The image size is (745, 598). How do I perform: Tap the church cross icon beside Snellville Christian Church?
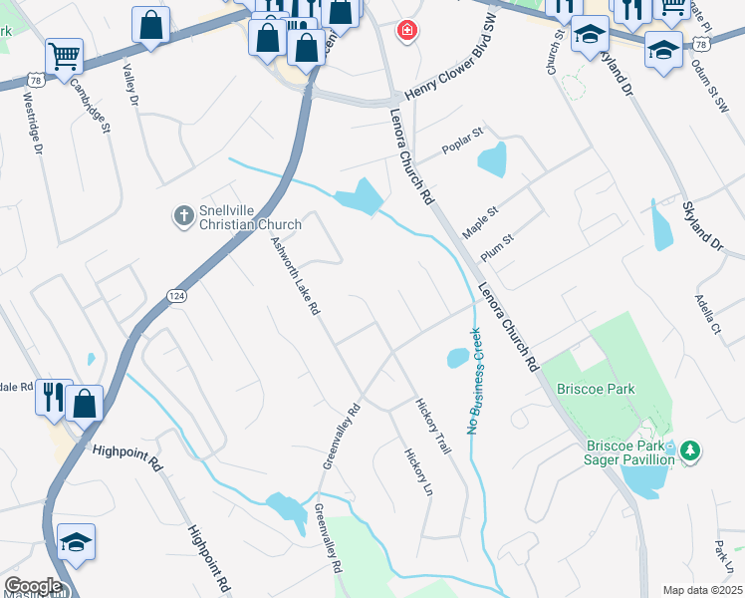pos(183,215)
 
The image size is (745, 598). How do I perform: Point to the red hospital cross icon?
pos(406,31)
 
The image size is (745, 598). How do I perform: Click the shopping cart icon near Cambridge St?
pos(64,57)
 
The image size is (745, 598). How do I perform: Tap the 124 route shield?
pos(176,296)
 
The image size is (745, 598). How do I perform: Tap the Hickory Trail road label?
pos(432,427)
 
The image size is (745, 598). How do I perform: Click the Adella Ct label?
pos(708,314)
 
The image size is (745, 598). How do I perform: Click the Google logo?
pos(32,586)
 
